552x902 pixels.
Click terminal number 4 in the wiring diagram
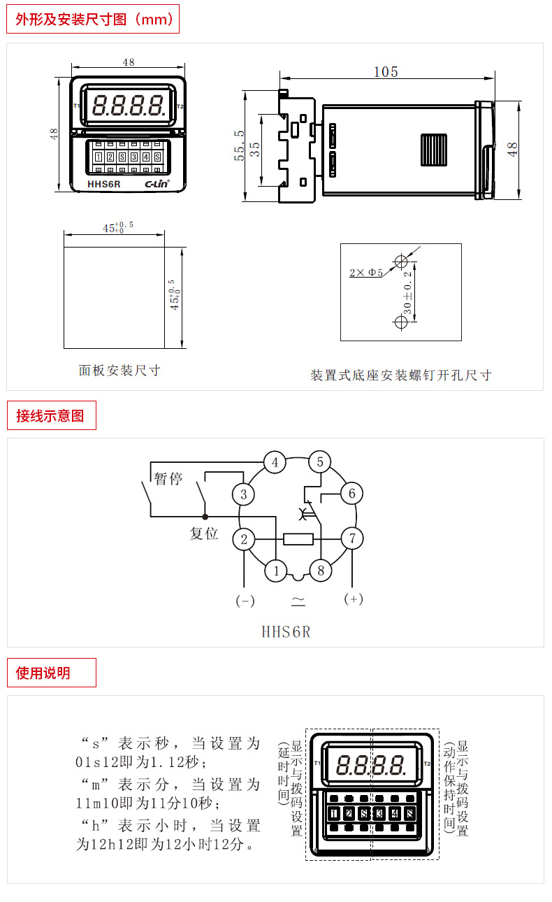[x=275, y=462]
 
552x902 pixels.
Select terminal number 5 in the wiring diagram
[x=320, y=462]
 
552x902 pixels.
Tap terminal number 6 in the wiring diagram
[x=351, y=494]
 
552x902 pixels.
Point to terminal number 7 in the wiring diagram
[x=352, y=538]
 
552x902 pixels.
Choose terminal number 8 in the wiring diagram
[x=320, y=571]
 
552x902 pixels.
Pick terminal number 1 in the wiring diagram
[x=276, y=571]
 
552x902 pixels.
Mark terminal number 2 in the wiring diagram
[x=244, y=539]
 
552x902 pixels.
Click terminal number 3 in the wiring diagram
[x=243, y=495]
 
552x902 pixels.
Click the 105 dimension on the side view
[x=386, y=72]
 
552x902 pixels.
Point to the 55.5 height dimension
[x=240, y=145]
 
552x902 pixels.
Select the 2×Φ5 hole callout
[x=366, y=273]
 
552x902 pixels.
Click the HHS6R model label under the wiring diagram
[x=285, y=632]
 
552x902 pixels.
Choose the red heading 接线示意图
[x=50, y=416]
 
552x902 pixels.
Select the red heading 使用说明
[x=43, y=673]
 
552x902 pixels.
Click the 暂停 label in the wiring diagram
[x=168, y=480]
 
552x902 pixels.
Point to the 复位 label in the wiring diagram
[x=204, y=534]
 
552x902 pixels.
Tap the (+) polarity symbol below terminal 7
[x=354, y=599]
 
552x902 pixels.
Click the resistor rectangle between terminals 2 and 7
[x=298, y=539]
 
